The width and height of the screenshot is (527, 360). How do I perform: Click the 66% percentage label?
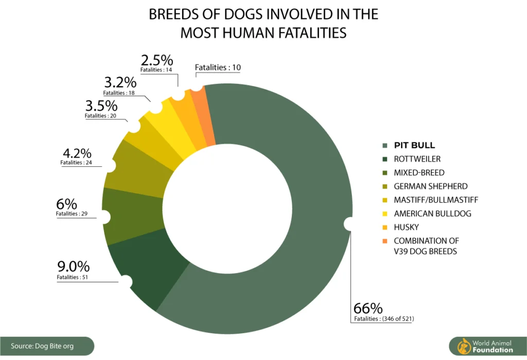(x=368, y=308)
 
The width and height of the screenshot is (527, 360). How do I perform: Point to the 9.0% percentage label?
(x=73, y=267)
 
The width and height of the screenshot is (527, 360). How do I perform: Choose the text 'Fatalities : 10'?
(x=218, y=67)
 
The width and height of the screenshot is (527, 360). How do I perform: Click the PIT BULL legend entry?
(x=414, y=145)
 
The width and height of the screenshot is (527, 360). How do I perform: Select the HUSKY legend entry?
(x=407, y=227)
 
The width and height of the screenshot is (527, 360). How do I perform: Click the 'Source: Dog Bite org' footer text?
(x=42, y=346)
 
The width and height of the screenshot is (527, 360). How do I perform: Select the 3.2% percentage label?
(x=120, y=82)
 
